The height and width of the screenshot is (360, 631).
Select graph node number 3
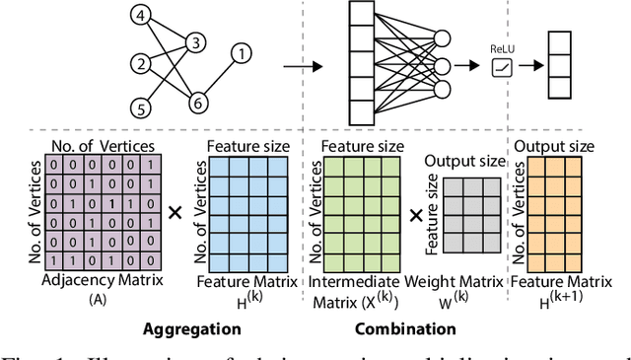coord(195,41)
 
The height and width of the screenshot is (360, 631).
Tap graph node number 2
coord(143,64)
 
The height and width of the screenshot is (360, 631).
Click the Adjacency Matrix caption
coord(101,280)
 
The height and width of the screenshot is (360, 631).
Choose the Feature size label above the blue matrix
coord(247,146)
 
